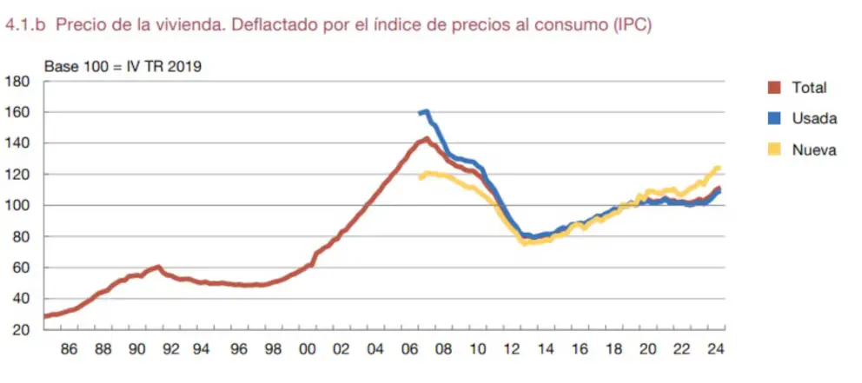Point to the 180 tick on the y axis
(17, 82)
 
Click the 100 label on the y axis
(17, 206)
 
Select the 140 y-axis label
(17, 143)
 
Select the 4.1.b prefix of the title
(25, 26)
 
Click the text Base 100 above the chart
(73, 65)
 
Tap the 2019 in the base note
(186, 65)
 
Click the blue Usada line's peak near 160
(426, 111)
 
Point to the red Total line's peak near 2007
(427, 138)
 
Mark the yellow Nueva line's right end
(719, 168)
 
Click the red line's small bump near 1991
(157, 267)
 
